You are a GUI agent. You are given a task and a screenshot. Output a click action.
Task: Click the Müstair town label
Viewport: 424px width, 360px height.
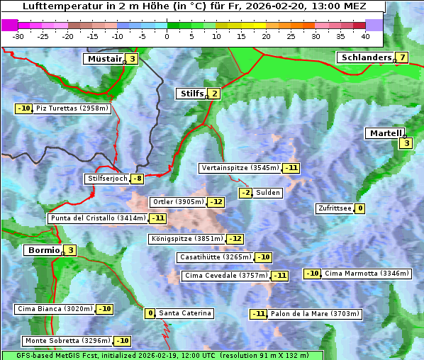pos(104,59)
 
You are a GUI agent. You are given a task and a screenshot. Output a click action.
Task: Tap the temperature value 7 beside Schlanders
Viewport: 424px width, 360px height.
pos(402,57)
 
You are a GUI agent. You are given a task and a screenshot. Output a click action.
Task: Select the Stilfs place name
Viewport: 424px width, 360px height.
pos(191,93)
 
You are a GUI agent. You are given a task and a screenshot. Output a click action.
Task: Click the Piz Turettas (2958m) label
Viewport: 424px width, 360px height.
pos(72,108)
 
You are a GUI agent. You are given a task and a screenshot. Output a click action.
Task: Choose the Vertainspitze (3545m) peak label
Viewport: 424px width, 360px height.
pos(240,168)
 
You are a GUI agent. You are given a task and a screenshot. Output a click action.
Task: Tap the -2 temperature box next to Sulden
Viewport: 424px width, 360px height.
pos(245,193)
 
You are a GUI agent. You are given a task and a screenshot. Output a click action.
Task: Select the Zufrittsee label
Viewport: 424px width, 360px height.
pos(334,208)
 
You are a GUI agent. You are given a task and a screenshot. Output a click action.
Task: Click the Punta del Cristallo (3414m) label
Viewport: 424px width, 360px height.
pos(98,218)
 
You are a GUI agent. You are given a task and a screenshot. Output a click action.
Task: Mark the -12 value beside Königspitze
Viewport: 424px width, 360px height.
pos(235,239)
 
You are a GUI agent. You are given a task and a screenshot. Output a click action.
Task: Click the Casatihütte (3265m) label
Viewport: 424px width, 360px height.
pos(215,257)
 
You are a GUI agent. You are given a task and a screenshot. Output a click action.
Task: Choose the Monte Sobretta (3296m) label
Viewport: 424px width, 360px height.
pos(68,341)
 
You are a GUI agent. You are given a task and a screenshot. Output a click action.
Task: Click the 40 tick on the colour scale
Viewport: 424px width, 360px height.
pos(365,35)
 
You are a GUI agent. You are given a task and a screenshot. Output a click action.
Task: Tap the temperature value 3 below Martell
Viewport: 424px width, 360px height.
pos(406,143)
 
